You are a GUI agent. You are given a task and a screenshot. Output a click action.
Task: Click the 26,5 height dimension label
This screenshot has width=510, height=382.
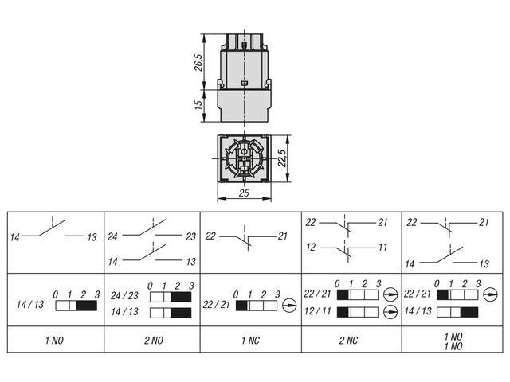pos(198,62)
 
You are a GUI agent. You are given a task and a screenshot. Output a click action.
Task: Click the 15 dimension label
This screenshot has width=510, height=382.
pos(198,105)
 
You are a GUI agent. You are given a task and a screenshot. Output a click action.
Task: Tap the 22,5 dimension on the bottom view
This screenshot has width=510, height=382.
pos(282,158)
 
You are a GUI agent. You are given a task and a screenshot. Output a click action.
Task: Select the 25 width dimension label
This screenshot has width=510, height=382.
pos(244,193)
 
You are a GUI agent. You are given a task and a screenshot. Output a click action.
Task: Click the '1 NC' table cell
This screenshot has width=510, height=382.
pos(251,341)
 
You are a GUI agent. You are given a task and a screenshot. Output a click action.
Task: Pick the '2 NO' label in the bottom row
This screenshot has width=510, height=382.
pos(154,341)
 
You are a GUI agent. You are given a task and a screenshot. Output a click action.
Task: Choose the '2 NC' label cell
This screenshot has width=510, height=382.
pos(348,341)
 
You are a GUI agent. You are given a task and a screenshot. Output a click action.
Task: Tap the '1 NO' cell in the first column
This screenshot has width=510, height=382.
pos(55,341)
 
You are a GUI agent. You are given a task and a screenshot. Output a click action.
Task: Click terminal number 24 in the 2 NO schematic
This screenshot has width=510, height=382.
pos(112,236)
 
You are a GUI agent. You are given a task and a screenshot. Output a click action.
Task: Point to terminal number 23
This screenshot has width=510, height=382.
pos(191,236)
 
